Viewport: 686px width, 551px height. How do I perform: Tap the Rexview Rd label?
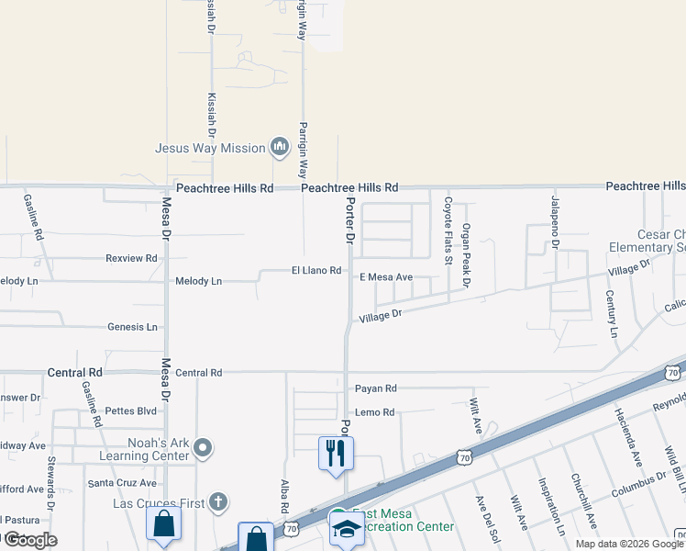coord(131,259)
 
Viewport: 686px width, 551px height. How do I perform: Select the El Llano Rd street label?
coord(316,271)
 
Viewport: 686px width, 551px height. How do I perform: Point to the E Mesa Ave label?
coord(386,276)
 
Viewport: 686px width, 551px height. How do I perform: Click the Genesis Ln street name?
coord(132,327)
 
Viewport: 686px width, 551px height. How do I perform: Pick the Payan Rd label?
coord(375,388)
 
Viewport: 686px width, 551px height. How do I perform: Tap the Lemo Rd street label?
coord(374,412)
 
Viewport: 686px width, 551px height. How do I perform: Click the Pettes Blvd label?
coord(131,411)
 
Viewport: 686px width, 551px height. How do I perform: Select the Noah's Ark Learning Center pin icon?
coord(203,448)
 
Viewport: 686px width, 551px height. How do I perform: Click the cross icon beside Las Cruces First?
coord(216,501)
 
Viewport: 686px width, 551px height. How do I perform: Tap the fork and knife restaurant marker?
coord(336,452)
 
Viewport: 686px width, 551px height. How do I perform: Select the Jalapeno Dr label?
coord(555,220)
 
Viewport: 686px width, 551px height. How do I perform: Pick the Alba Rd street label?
coord(284,495)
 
